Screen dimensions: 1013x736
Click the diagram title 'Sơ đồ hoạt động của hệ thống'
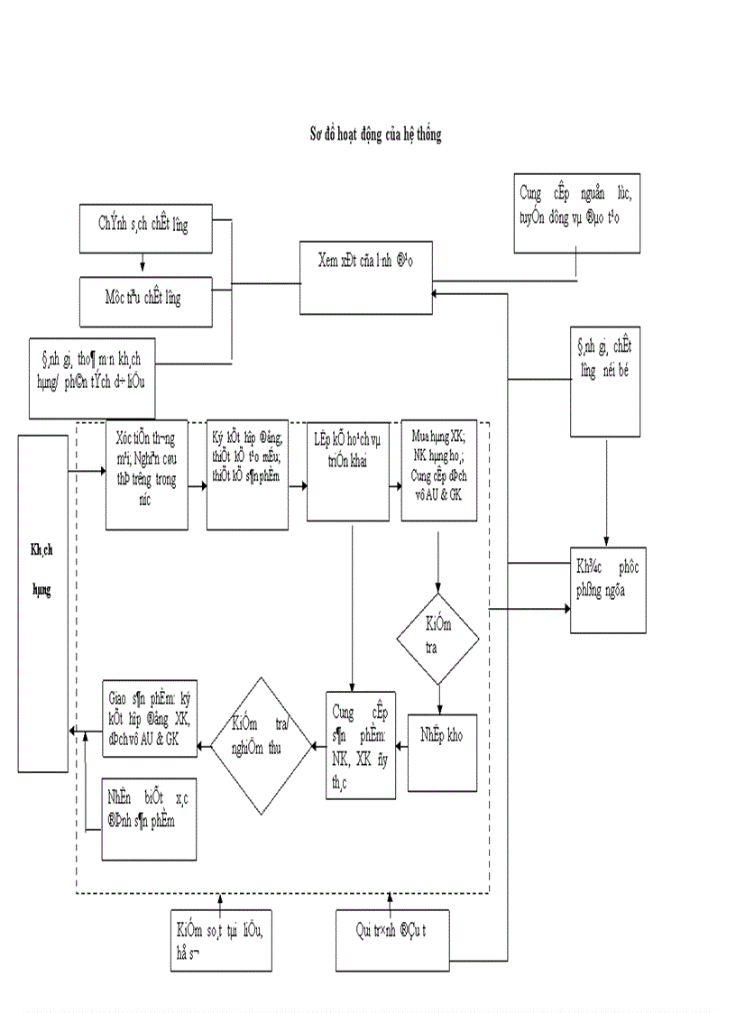pyautogui.click(x=375, y=134)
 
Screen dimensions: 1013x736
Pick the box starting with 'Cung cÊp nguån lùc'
pyautogui.click(x=577, y=213)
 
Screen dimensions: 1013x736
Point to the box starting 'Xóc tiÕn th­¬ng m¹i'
pyautogui.click(x=146, y=474)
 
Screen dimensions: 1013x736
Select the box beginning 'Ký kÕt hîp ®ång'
pyautogui.click(x=247, y=474)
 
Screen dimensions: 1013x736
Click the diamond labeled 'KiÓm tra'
pyautogui.click(x=437, y=637)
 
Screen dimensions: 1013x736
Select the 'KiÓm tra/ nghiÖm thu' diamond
pyautogui.click(x=260, y=747)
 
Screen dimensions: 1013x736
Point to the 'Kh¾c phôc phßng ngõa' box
pyautogui.click(x=608, y=590)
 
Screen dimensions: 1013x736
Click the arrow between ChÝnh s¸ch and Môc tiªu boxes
pyautogui.click(x=143, y=265)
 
